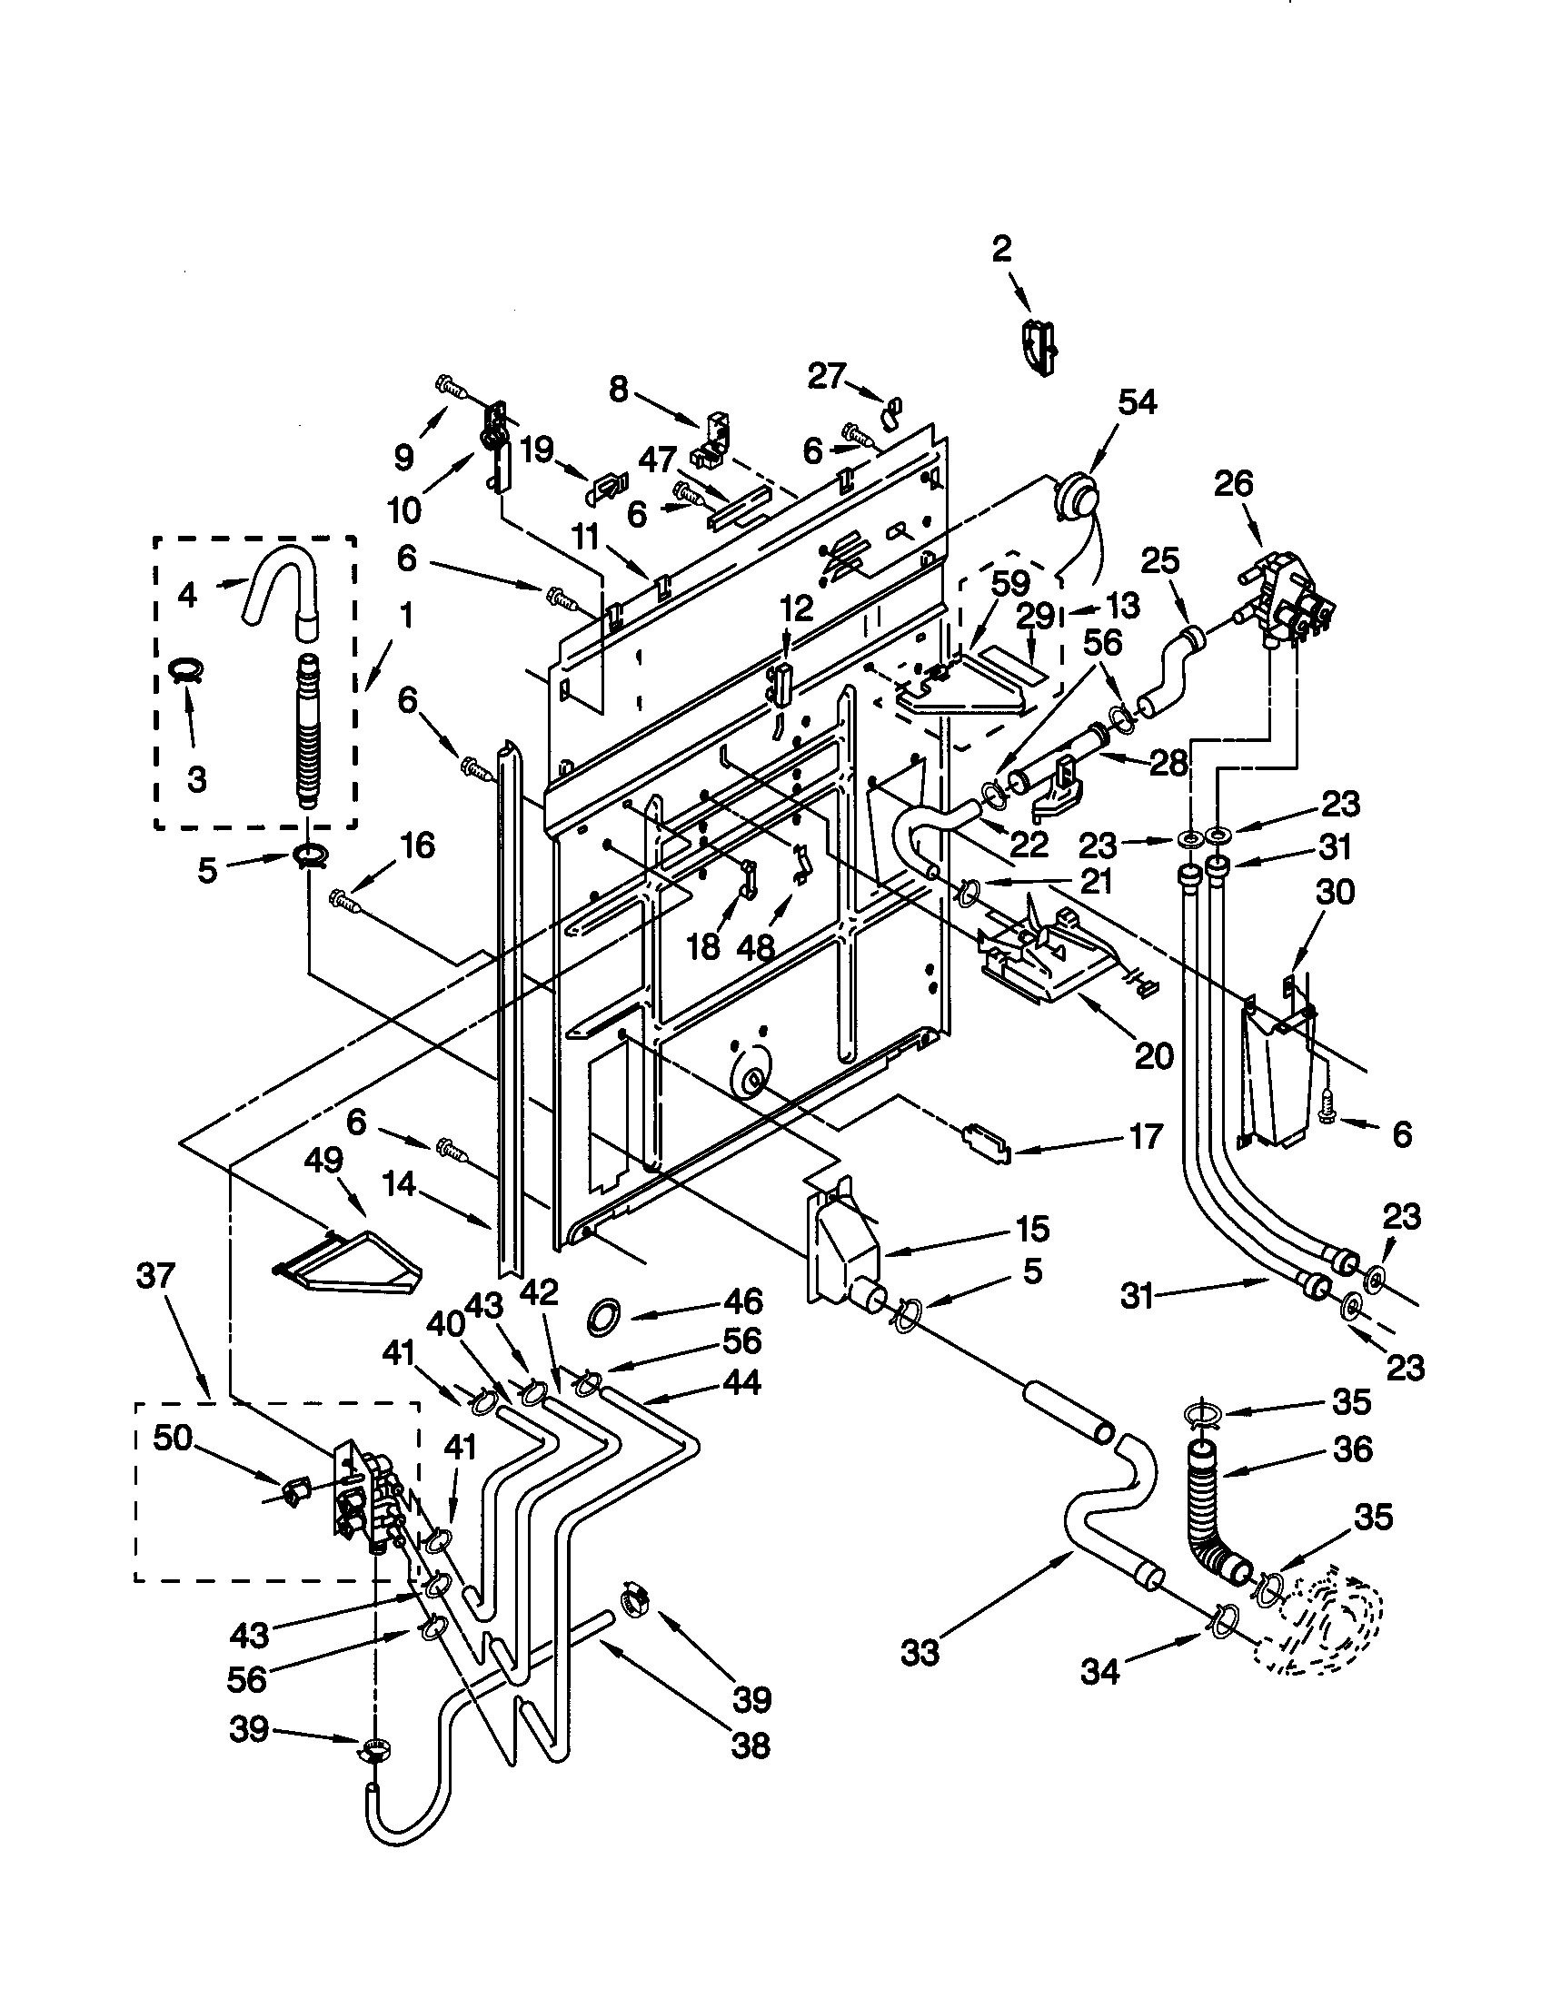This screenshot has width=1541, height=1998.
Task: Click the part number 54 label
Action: click(1138, 402)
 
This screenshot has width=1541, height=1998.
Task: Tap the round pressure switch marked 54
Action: click(1073, 499)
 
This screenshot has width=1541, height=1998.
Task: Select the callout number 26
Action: click(1233, 484)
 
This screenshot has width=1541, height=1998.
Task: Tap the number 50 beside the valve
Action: click(172, 1439)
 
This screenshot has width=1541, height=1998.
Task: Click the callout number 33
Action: click(920, 1653)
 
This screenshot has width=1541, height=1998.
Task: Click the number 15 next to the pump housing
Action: click(1031, 1229)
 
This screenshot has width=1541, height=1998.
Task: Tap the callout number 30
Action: click(1333, 891)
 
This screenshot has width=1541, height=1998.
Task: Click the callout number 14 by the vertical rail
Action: click(399, 1187)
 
